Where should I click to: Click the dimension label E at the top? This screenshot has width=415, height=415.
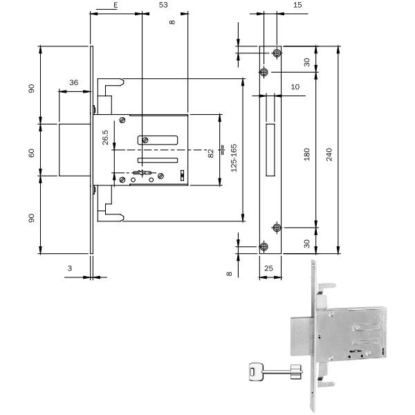pos(115,5)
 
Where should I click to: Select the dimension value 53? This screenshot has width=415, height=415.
pos(164,5)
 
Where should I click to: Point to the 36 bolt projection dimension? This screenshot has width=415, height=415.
pos(73,83)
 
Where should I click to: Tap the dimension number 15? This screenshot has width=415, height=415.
pos(297,6)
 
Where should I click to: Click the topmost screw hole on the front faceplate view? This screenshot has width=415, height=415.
pos(277,53)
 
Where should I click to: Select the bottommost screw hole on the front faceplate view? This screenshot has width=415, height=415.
pos(264,247)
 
